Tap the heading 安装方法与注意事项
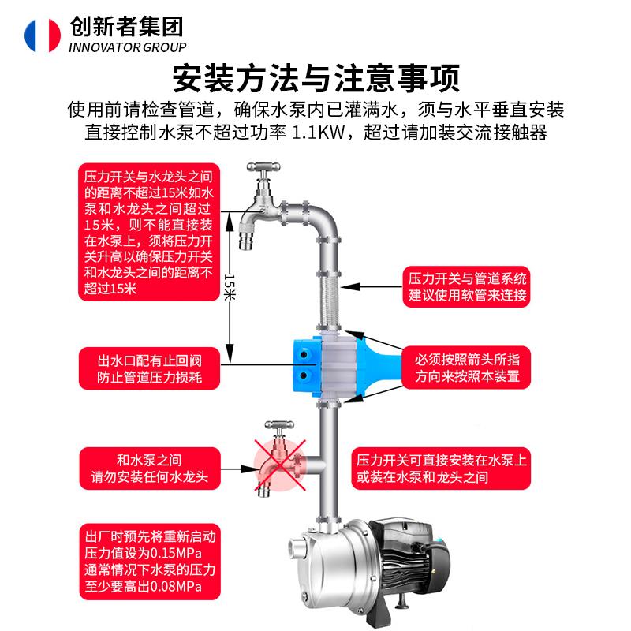pyautogui.click(x=315, y=78)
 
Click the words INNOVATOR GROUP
pyautogui.click(x=127, y=47)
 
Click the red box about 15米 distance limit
pyautogui.click(x=147, y=231)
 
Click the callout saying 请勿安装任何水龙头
pyautogui.click(x=149, y=468)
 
